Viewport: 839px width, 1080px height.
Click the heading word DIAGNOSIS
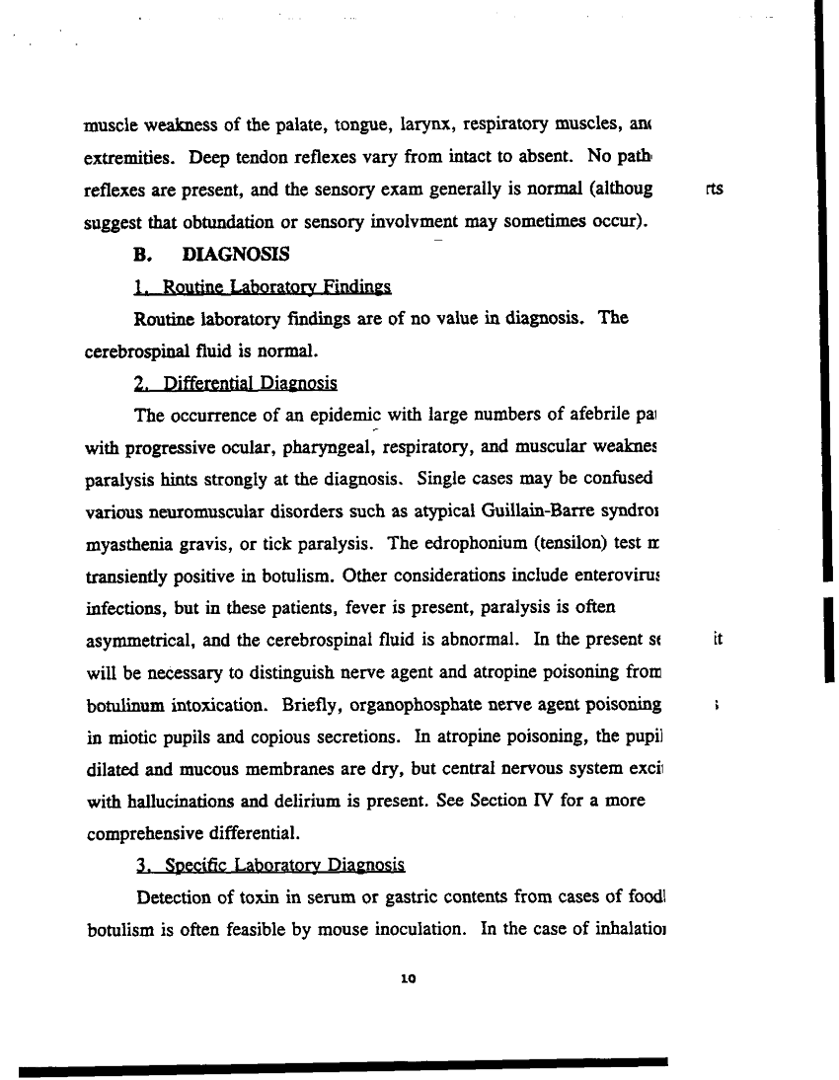pos(237,255)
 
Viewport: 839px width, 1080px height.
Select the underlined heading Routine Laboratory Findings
pos(263,287)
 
